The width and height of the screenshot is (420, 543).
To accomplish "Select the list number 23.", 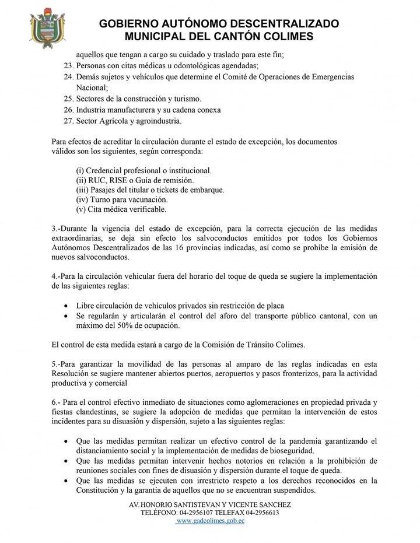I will pyautogui.click(x=67, y=66).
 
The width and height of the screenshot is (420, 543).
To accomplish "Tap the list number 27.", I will pyautogui.click(x=67, y=121).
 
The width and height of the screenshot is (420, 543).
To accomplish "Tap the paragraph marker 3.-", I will pyautogui.click(x=57, y=227).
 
